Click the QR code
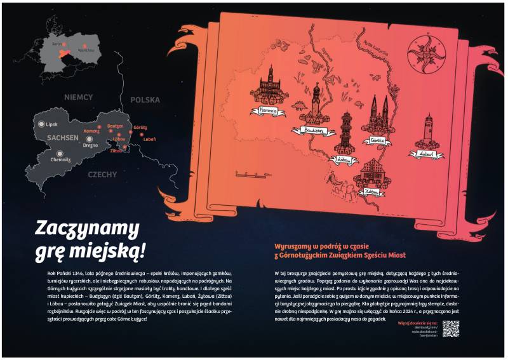[x=450, y=328]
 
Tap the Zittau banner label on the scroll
[x=371, y=190]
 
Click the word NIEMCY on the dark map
[x=78, y=98]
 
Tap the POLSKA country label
[x=145, y=100]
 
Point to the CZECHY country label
[x=102, y=174]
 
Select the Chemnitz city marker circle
[x=60, y=152]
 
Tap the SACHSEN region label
[x=62, y=137]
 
